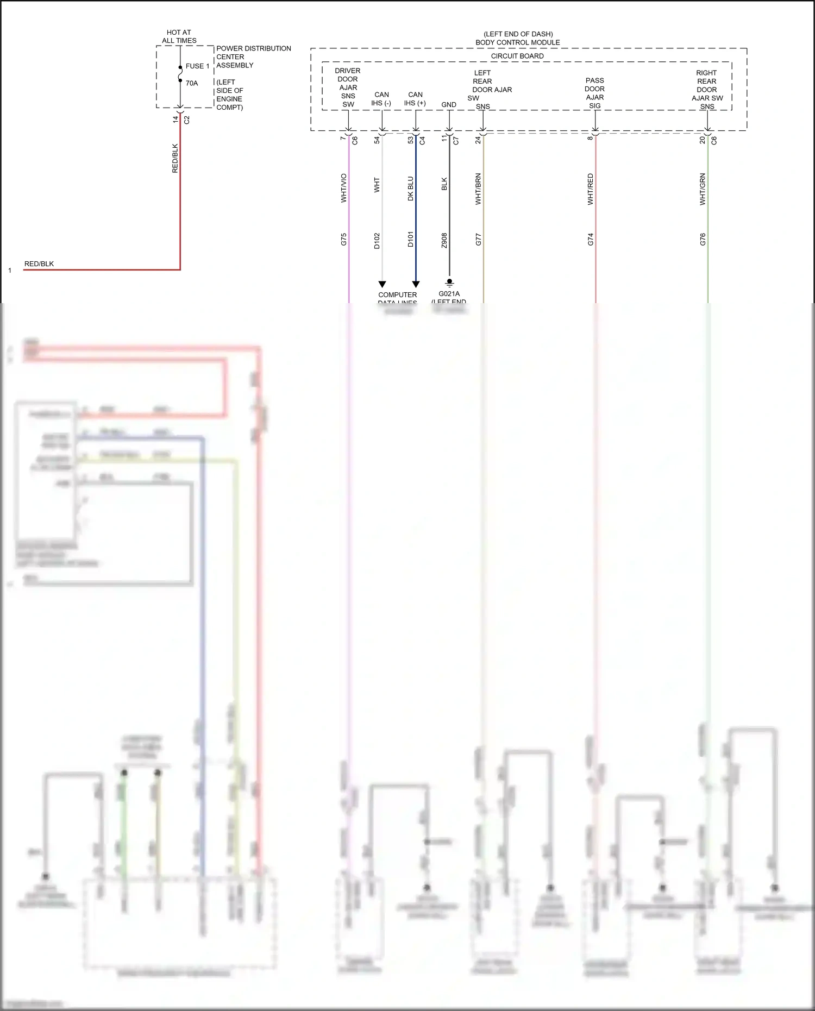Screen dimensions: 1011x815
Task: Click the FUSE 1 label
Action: pos(197,66)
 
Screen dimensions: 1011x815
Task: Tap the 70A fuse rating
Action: pos(192,83)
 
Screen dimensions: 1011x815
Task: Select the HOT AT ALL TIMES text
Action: pos(179,36)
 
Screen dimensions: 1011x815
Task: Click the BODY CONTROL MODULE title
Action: pos(517,42)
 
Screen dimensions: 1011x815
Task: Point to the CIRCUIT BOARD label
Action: pos(517,56)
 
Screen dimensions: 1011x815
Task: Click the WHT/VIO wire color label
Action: pos(343,188)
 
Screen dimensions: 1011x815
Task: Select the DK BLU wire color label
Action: pos(411,189)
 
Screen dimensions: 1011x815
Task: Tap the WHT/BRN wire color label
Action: pos(478,189)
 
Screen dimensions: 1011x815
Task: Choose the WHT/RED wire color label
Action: pos(591,189)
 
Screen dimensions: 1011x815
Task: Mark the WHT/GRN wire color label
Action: pos(703,189)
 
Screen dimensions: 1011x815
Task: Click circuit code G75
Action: pos(343,239)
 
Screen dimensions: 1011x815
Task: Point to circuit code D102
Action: pos(377,241)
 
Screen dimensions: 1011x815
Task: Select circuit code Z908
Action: pos(444,241)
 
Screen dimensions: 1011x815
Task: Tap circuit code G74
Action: pos(591,239)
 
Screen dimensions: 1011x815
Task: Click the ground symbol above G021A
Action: pos(449,282)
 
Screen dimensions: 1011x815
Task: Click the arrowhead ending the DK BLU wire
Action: pos(416,284)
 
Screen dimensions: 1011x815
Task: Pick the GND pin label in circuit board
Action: pos(449,105)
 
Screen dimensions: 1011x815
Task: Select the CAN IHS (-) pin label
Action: pos(381,99)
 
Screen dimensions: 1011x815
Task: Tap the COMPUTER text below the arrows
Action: pos(398,295)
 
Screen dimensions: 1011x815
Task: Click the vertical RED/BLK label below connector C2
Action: pos(175,158)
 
